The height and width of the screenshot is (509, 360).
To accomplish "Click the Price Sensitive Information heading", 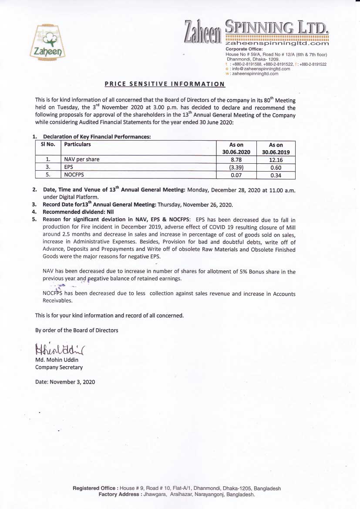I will click(x=165, y=84).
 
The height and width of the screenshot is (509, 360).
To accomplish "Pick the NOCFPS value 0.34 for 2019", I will click(x=276, y=175).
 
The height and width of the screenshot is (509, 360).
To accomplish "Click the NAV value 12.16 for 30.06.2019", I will click(x=276, y=159).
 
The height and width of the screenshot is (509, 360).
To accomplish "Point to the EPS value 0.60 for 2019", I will click(x=276, y=167).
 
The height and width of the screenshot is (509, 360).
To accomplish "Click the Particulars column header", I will click(x=77, y=144).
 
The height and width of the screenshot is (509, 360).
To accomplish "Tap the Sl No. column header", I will click(x=48, y=144).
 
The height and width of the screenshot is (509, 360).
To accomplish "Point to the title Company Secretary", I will click(x=59, y=367).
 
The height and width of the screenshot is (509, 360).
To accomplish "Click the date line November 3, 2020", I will click(x=65, y=382).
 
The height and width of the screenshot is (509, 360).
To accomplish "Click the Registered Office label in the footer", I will click(x=95, y=488).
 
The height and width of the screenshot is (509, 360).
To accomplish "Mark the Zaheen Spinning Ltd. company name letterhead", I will click(x=257, y=31).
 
